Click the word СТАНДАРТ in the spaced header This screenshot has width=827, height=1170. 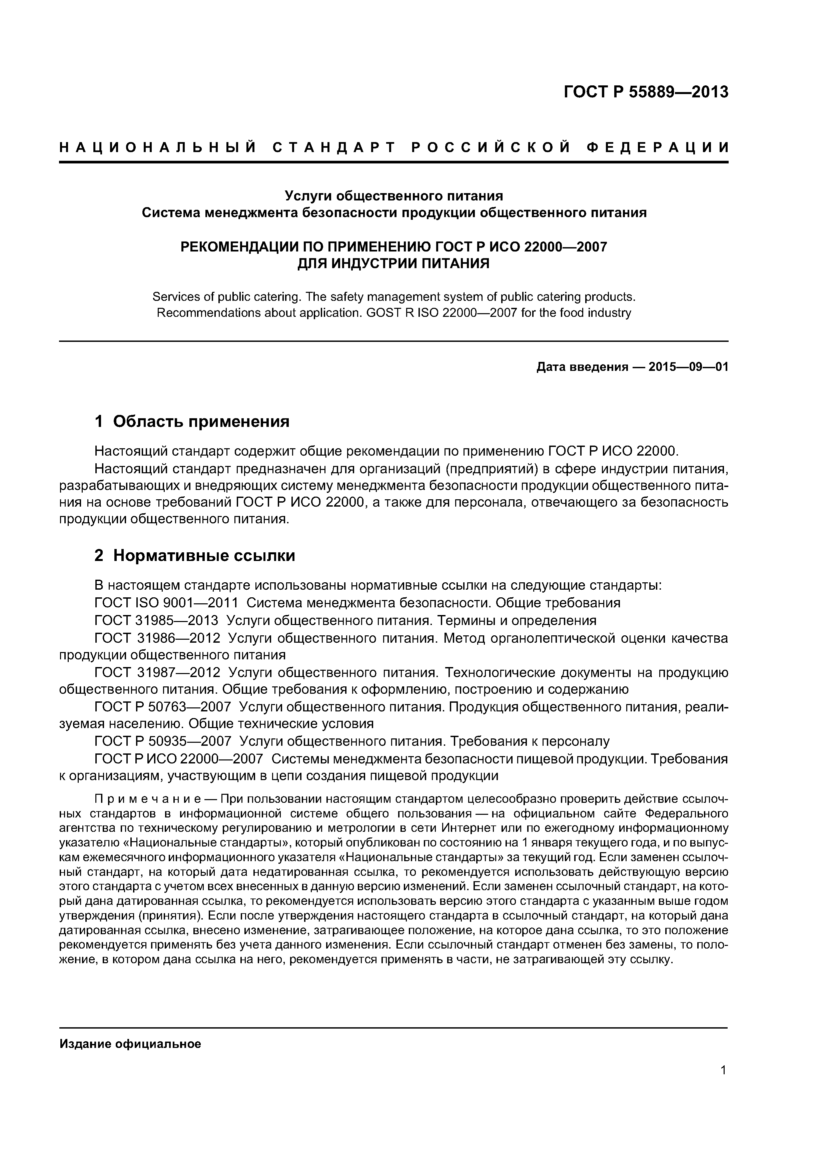334,148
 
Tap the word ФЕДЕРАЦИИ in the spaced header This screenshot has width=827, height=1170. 657,148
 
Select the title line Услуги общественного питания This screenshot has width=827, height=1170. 393,196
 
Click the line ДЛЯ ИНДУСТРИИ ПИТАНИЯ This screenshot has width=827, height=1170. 393,263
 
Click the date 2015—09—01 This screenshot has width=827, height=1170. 688,367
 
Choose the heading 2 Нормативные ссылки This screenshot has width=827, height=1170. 195,555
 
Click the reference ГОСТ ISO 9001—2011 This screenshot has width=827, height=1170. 167,603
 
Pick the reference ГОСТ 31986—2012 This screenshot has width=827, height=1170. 157,638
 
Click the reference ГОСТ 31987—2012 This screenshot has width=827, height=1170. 157,673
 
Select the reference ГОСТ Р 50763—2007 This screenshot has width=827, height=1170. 163,707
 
